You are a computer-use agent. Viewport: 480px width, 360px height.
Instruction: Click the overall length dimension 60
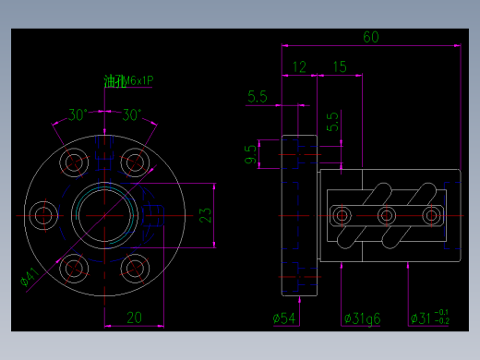click(x=370, y=37)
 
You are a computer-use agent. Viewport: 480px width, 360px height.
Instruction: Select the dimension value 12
click(x=299, y=66)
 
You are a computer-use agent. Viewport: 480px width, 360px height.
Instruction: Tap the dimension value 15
click(x=339, y=66)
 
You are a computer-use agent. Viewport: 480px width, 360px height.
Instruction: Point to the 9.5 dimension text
click(x=250, y=154)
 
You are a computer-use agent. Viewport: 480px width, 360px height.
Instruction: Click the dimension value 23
click(x=206, y=215)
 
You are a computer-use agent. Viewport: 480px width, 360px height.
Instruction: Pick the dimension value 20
click(x=134, y=317)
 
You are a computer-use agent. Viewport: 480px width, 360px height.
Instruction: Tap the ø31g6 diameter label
click(x=362, y=318)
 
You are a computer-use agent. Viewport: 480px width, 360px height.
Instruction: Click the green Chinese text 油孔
click(x=114, y=82)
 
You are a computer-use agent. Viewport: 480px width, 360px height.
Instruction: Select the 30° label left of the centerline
click(x=78, y=115)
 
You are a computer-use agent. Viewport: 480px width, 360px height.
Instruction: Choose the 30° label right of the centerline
click(x=132, y=115)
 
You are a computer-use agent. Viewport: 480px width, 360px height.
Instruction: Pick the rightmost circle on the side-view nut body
click(x=430, y=216)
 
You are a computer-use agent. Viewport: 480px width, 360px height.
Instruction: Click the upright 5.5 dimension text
click(x=332, y=121)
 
